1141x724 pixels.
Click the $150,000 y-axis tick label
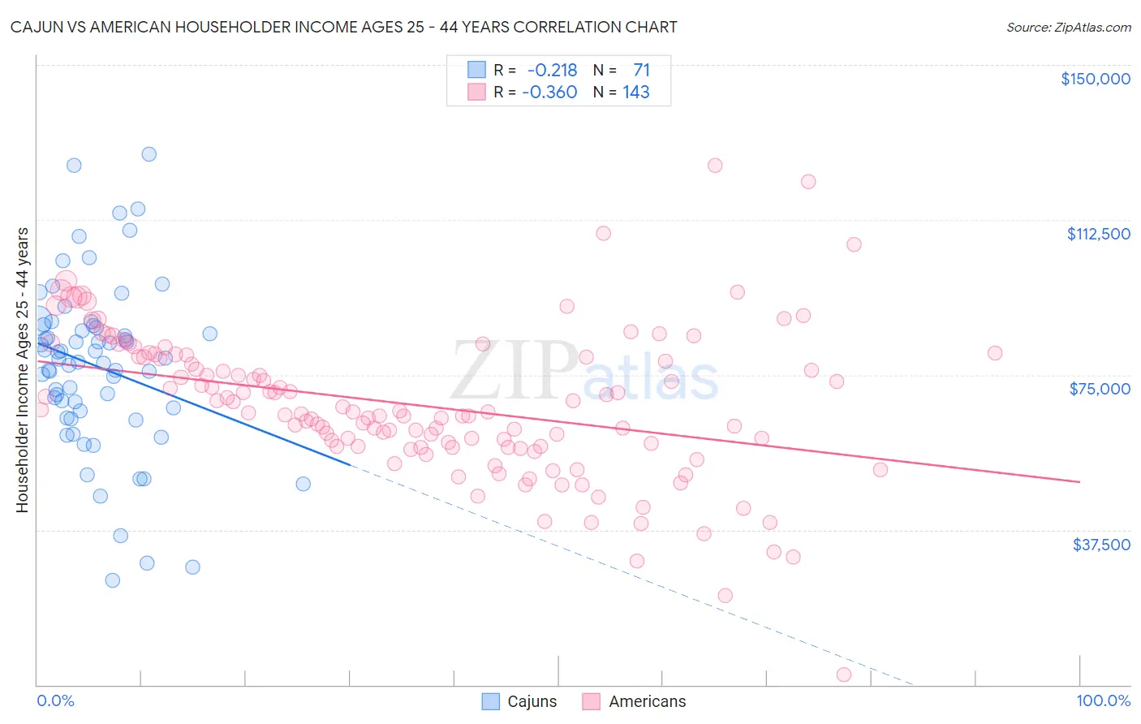(1095, 79)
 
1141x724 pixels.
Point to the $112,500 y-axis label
(1098, 234)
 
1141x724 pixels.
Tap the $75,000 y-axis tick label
(1100, 389)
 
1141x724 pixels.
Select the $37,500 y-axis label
(1101, 545)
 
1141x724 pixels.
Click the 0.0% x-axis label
(55, 701)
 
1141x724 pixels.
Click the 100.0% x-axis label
(1103, 701)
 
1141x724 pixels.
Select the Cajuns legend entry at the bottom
(519, 701)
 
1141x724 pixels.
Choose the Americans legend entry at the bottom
(635, 701)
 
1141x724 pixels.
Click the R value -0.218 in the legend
(552, 71)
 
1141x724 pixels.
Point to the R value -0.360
(549, 93)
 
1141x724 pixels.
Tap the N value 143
(636, 93)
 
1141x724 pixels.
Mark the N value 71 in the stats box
(641, 71)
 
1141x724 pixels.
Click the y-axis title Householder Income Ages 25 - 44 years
(22, 370)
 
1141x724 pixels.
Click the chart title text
(343, 28)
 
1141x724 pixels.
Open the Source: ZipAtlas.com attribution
(1068, 28)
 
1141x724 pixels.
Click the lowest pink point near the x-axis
(844, 674)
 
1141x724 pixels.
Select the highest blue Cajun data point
(149, 154)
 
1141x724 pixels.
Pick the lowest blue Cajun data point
(113, 580)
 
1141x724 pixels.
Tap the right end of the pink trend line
(1079, 482)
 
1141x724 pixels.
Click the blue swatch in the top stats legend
(476, 71)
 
